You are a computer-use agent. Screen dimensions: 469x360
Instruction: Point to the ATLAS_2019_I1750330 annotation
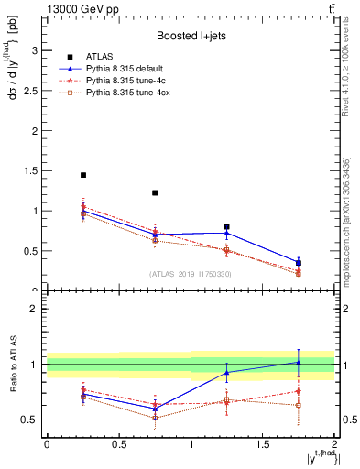(x=191, y=274)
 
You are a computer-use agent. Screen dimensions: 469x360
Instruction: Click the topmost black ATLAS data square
(x=82, y=175)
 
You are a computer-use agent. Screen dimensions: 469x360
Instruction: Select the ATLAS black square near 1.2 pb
(x=155, y=192)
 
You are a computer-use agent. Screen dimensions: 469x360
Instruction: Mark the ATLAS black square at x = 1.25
(x=226, y=226)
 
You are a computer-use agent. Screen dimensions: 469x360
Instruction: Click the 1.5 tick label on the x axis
(x=262, y=442)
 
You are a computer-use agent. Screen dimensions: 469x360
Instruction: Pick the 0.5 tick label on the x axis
(x=118, y=442)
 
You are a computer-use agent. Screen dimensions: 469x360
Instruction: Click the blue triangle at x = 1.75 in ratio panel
(x=299, y=362)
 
